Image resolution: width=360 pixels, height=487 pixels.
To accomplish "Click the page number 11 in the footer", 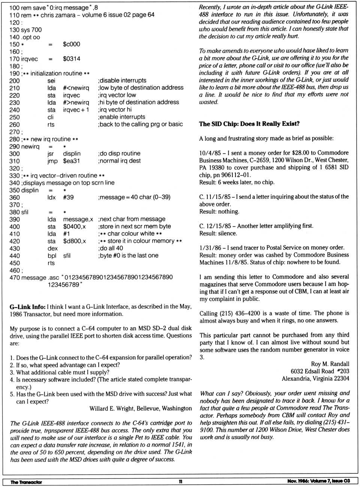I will tap(180, 481).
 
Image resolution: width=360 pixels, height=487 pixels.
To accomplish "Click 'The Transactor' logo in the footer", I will tap(26, 482).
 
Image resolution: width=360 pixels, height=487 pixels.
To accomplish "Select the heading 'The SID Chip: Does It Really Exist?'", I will tap(249, 124).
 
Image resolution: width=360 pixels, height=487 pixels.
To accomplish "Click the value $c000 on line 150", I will tap(71, 44).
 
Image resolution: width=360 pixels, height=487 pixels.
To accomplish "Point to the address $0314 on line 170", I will tap(71, 59).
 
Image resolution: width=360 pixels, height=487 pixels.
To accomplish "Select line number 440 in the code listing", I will tap(15, 256).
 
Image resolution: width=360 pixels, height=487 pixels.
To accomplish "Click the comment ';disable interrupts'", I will tap(122, 81).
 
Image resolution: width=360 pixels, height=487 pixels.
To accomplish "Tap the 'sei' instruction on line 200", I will tap(51, 81).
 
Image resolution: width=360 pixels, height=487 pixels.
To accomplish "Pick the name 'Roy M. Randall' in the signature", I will tap(330, 364).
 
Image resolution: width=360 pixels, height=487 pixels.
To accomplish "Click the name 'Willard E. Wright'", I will tap(112, 408).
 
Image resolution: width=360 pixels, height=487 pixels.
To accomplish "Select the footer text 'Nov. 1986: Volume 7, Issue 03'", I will tap(318, 481).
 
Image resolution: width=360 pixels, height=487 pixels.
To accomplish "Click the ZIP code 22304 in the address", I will tap(340, 379).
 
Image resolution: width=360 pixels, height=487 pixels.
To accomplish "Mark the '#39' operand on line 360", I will tap(68, 197).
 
